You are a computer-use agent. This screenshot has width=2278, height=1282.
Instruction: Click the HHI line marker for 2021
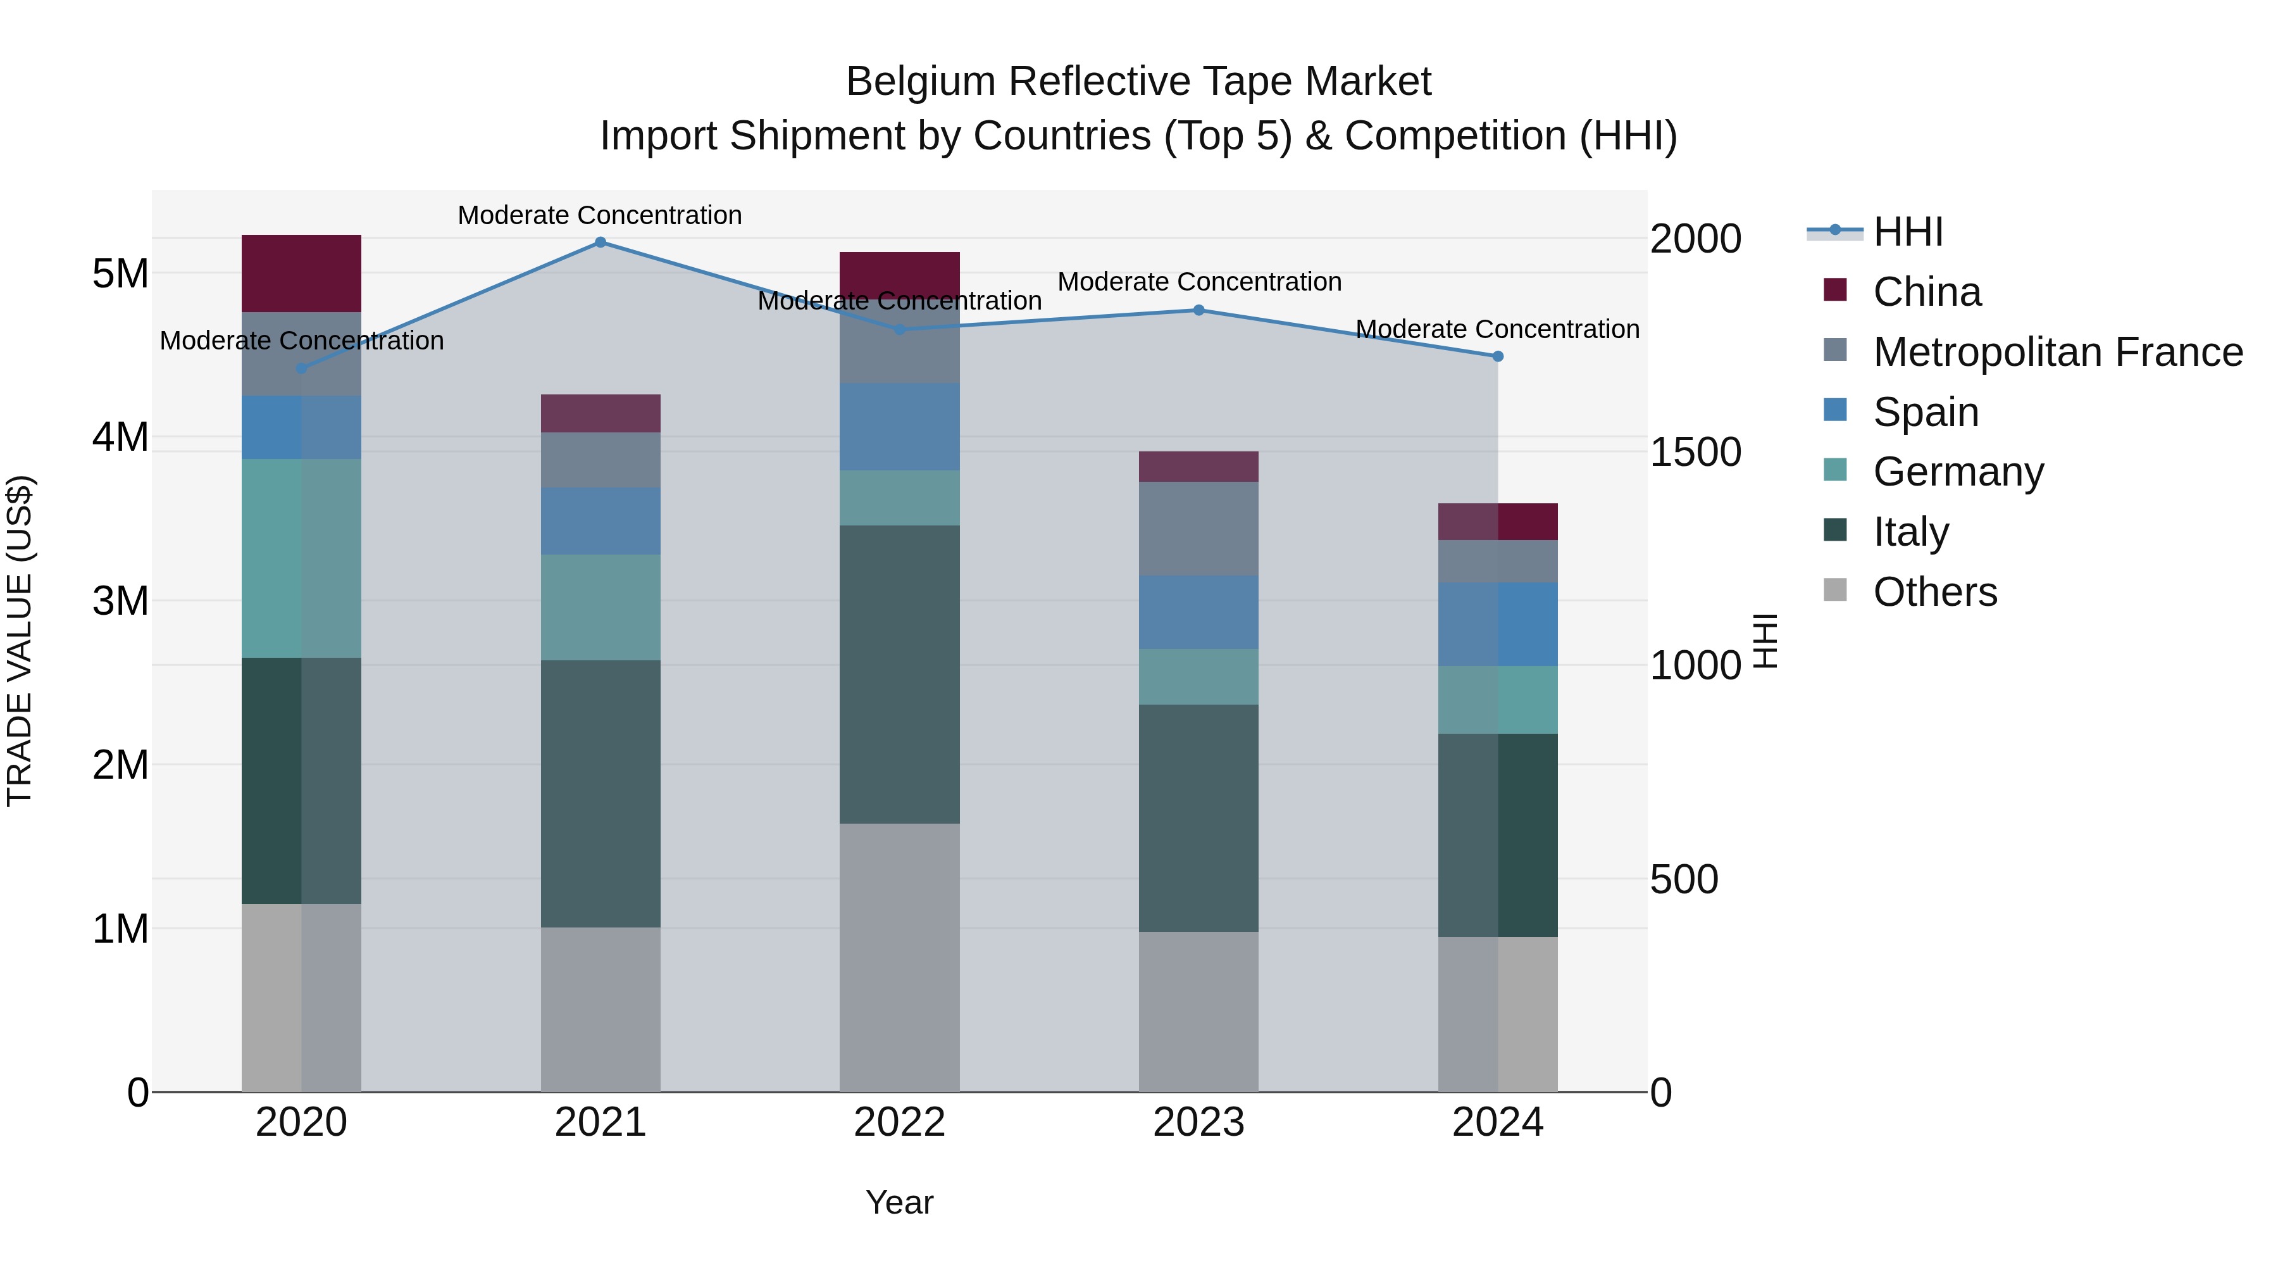601,242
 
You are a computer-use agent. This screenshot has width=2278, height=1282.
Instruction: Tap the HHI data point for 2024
1498,356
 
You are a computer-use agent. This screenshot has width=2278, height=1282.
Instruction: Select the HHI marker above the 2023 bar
1199,311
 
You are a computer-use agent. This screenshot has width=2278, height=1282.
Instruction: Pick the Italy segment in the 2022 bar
899,674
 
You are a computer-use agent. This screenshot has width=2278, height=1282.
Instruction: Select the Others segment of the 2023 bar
1198,1011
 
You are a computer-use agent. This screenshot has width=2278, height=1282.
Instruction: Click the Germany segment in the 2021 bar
601,607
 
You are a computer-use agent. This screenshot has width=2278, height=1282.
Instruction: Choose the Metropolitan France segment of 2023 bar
1198,529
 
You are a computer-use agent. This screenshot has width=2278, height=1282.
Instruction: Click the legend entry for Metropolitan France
2058,352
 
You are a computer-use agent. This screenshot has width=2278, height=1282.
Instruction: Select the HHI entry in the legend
1907,232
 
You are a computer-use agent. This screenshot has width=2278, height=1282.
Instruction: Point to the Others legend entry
1935,592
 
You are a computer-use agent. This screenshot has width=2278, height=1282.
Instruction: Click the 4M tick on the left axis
121,437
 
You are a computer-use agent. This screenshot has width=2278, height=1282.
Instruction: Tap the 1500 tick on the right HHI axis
1695,452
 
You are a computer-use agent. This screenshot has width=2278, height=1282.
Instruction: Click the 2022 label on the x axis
899,1122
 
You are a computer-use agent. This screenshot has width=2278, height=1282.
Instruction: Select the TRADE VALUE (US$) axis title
20,641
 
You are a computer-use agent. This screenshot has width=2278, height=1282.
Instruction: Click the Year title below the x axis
899,1202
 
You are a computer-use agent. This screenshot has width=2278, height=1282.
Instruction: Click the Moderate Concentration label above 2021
600,215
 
